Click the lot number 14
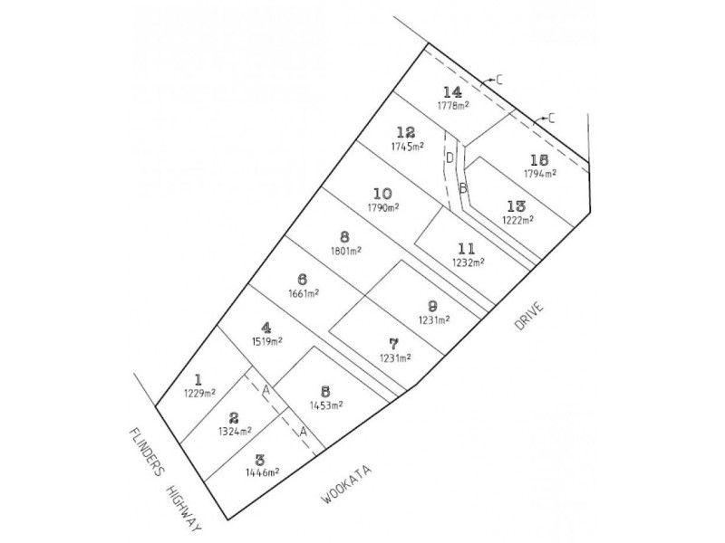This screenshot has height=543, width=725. point(452,91)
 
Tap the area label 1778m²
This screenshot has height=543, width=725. point(454,105)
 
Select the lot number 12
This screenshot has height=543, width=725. point(406,132)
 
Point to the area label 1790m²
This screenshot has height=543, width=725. point(383,207)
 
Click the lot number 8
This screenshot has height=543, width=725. point(344,237)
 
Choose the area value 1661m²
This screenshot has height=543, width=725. point(304,293)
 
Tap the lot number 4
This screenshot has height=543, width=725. point(266,329)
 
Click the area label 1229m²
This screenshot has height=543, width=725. point(199,394)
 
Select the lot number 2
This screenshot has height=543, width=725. point(234,418)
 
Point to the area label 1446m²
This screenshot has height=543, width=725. point(262,472)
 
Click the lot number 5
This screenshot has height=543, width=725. point(325,392)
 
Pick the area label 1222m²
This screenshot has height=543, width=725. point(518,220)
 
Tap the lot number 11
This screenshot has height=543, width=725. point(466,249)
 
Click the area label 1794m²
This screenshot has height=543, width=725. point(540,173)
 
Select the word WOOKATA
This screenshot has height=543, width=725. point(347,485)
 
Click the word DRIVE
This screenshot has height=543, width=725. point(529,316)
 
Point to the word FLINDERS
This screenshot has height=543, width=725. point(147,452)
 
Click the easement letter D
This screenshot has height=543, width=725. point(449,157)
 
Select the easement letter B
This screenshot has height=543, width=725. point(463,188)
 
